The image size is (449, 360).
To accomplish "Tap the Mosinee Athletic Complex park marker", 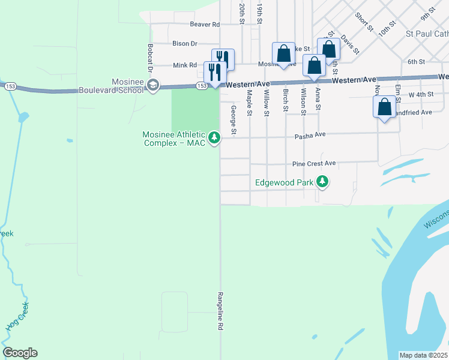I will (214, 139).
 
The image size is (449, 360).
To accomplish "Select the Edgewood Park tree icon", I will (322, 182).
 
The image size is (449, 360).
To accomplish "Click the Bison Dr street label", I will (185, 44).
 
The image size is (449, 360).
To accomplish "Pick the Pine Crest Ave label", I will (313, 163).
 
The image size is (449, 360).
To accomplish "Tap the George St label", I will (234, 119).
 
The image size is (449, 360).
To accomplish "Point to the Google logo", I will (20, 353).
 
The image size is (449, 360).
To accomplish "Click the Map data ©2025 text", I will (423, 355).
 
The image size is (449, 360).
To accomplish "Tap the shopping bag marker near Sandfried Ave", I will (384, 108).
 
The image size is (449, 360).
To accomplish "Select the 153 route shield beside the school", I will (202, 86).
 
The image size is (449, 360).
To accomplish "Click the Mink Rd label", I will (185, 65).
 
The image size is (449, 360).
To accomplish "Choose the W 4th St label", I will (421, 95).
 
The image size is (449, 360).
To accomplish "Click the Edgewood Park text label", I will (284, 182).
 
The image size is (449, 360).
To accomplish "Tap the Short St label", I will (364, 23).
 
